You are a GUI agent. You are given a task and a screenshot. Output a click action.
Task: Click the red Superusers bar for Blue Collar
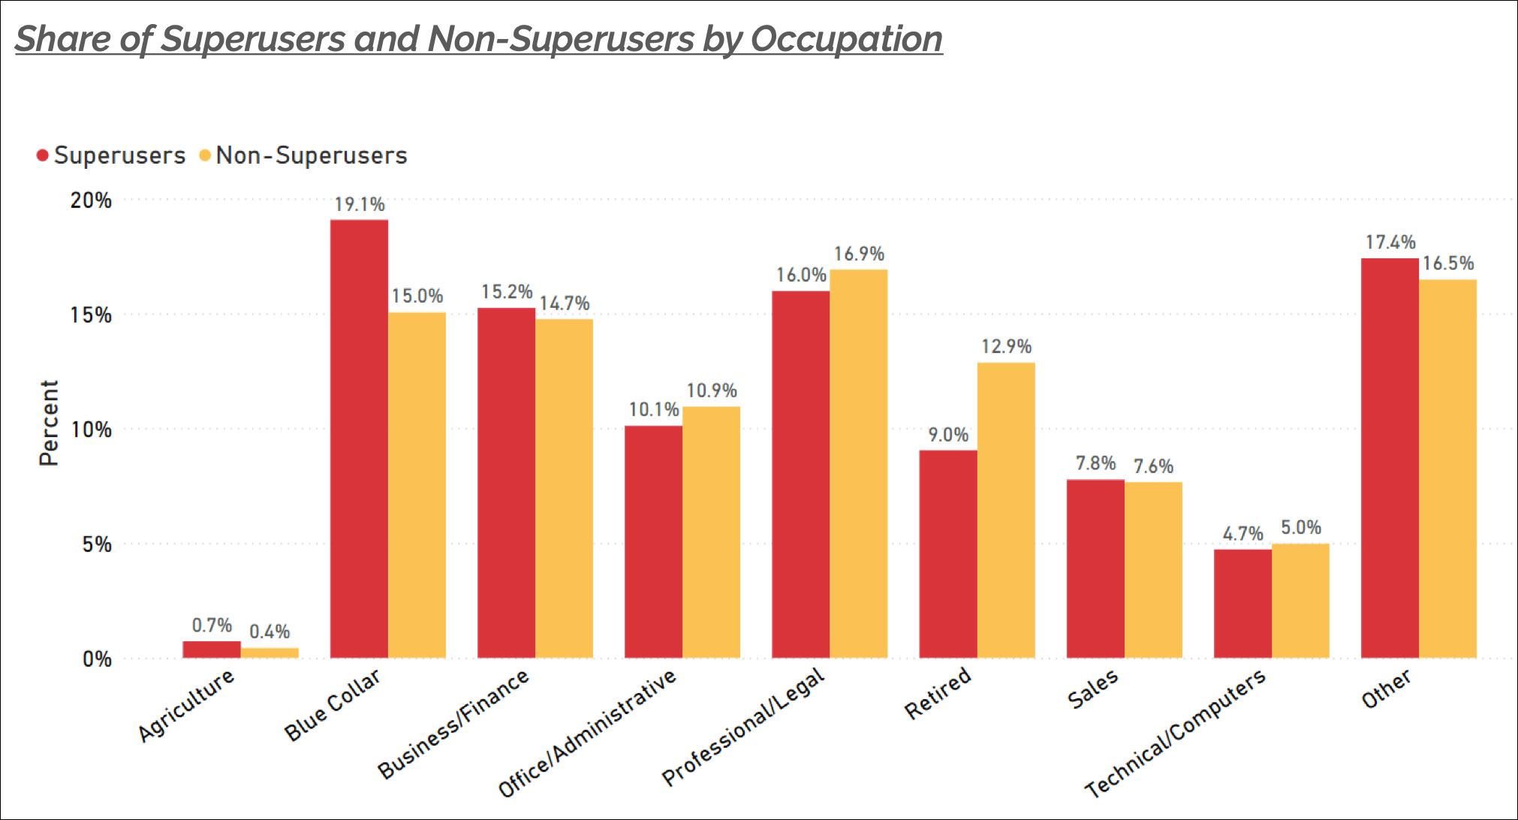pyautogui.click(x=359, y=439)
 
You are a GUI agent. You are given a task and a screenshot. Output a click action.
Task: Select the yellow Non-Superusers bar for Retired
pyautogui.click(x=1005, y=510)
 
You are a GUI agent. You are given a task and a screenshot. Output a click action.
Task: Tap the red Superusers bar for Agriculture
pyautogui.click(x=212, y=649)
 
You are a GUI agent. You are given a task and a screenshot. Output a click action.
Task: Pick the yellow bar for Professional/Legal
pyautogui.click(x=858, y=463)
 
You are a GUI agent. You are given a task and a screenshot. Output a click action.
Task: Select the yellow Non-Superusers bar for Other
pyautogui.click(x=1447, y=469)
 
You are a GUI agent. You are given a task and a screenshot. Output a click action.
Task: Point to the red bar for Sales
pyautogui.click(x=1095, y=568)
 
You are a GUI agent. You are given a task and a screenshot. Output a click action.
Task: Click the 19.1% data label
pyautogui.click(x=359, y=204)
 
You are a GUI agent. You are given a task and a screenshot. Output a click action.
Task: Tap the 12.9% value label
pyautogui.click(x=1006, y=346)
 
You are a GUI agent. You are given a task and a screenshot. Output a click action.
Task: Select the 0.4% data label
pyautogui.click(x=270, y=632)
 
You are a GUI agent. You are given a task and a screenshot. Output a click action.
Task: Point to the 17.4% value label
pyautogui.click(x=1390, y=242)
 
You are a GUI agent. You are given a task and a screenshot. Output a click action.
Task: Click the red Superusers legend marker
pyautogui.click(x=43, y=155)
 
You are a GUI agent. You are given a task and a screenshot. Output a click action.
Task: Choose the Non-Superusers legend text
pyautogui.click(x=311, y=155)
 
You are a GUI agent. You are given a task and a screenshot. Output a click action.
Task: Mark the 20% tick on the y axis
pyautogui.click(x=91, y=200)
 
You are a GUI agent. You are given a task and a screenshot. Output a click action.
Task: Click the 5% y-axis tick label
pyautogui.click(x=97, y=544)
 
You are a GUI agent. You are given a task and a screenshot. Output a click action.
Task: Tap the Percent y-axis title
pyautogui.click(x=48, y=423)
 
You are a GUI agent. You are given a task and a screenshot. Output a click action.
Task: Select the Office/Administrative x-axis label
pyautogui.click(x=588, y=732)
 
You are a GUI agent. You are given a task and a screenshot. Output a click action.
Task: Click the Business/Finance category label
pyautogui.click(x=453, y=723)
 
